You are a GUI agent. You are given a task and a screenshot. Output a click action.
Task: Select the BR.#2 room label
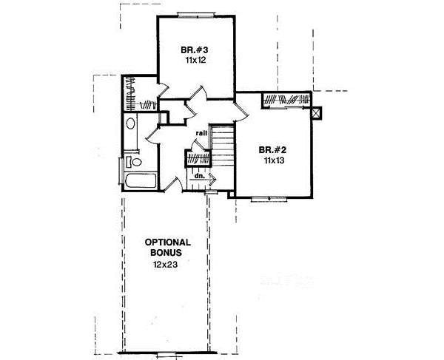[x=272, y=148]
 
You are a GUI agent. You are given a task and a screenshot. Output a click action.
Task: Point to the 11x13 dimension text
[x=272, y=159]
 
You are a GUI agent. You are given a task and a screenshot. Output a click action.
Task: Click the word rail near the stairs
[x=201, y=133]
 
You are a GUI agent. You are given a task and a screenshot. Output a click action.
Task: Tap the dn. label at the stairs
[x=198, y=177]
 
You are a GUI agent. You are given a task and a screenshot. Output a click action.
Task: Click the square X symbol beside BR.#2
[x=318, y=113]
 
